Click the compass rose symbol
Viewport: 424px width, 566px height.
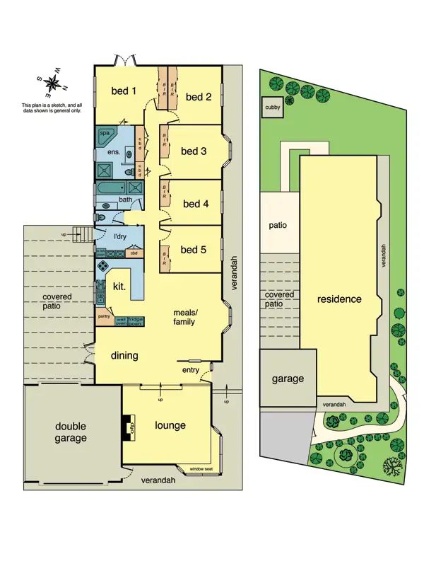51,83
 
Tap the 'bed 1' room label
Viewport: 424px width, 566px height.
124,91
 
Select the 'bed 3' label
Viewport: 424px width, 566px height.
194,151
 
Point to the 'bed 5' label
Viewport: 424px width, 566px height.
194,249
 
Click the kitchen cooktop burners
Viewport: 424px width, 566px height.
102,267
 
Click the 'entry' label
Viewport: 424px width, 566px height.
190,369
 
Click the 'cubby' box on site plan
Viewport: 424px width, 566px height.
271,108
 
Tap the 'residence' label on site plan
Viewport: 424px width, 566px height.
339,299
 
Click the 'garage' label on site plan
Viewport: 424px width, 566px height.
288,379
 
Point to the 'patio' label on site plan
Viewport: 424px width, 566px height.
276,226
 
